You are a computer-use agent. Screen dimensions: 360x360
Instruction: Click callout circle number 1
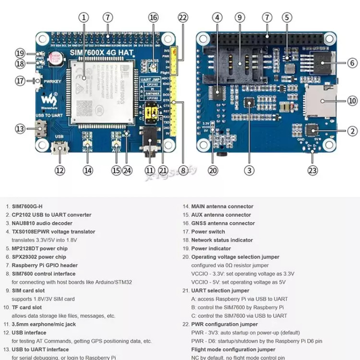84,18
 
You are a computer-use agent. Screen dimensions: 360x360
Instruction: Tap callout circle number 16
153,18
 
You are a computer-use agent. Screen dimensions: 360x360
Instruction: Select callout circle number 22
182,18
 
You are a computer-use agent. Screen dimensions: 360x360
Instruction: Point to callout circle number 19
20,53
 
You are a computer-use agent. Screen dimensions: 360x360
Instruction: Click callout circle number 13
20,129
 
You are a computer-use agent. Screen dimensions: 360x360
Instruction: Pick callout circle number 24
127,169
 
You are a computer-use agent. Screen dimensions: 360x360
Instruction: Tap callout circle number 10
352,101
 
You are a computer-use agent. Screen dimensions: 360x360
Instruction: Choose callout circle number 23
313,169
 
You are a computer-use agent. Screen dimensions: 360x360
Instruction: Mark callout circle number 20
213,169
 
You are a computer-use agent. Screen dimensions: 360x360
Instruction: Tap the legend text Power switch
208,232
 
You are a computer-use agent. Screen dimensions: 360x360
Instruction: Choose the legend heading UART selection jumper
220,290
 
